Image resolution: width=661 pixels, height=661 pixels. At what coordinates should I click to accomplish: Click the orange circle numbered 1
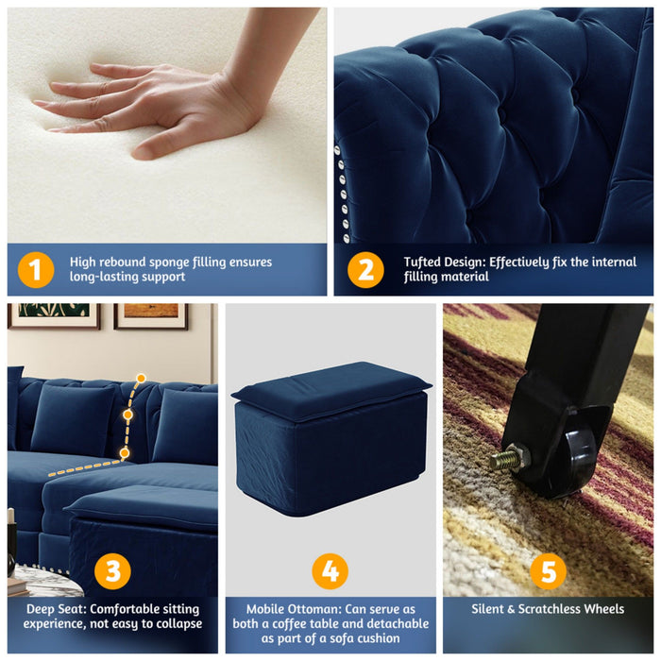pyautogui.click(x=35, y=270)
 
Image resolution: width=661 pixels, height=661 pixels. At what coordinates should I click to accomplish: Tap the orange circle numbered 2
pyautogui.click(x=365, y=270)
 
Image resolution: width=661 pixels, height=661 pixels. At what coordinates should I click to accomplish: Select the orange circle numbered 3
pyautogui.click(x=112, y=570)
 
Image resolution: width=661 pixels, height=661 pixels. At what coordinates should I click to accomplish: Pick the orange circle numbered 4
pyautogui.click(x=330, y=571)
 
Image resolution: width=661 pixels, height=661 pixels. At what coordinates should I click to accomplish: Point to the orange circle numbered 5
pyautogui.click(x=548, y=570)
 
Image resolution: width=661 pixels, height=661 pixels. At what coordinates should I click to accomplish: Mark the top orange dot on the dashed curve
pyautogui.click(x=141, y=379)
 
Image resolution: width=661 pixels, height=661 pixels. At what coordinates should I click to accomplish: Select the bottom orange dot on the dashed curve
pyautogui.click(x=124, y=453)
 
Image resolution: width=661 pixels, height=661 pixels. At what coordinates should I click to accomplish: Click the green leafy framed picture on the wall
pyautogui.click(x=53, y=314)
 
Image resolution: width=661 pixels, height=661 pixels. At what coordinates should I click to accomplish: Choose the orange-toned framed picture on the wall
pyautogui.click(x=151, y=315)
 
